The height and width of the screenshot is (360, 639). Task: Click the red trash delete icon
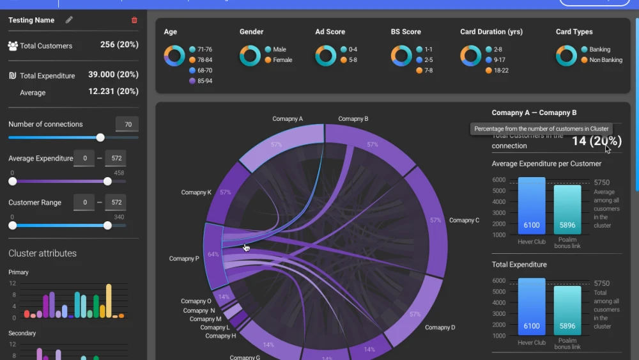134,20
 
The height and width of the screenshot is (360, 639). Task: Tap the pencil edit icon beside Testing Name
69,20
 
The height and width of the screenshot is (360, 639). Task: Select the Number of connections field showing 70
127,125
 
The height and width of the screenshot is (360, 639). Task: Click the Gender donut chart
250,56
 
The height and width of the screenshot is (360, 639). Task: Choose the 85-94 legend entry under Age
204,81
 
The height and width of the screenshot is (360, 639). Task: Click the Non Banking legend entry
605,60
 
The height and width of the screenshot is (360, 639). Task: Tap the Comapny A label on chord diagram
288,119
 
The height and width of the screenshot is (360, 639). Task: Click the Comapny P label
184,259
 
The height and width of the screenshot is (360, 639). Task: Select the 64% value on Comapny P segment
213,254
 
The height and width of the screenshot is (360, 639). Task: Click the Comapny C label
464,221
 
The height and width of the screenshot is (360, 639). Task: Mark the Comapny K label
196,192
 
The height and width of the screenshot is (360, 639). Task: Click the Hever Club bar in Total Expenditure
532,306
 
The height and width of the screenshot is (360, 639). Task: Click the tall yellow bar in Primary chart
109,301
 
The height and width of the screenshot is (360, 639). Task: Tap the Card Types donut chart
566,56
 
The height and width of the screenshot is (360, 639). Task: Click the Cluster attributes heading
42,253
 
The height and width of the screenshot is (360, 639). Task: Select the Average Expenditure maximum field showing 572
116,159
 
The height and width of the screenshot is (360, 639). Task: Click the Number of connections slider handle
100,137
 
